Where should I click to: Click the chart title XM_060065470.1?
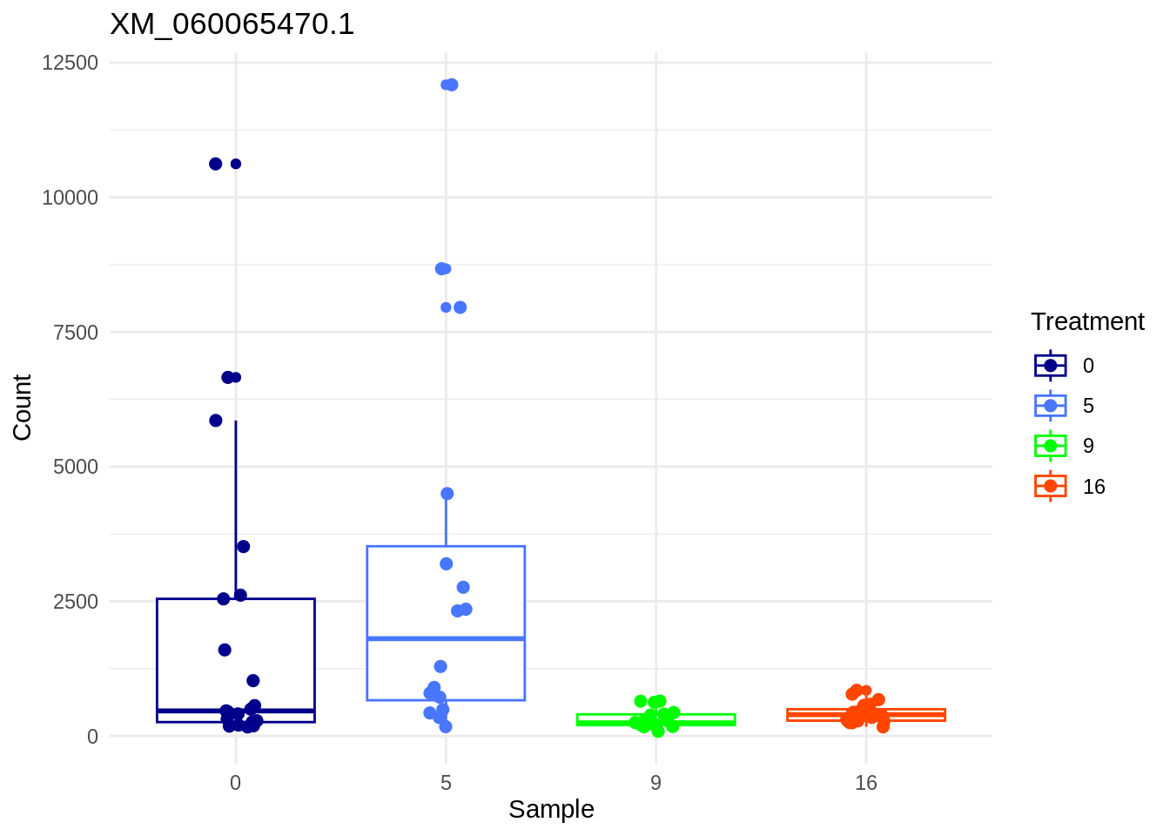[x=232, y=24]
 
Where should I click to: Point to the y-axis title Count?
[x=22, y=407]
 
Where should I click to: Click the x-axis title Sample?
[x=551, y=809]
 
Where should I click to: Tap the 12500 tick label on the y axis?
[x=71, y=63]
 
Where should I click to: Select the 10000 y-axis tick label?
[x=71, y=198]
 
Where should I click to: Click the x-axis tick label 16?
[x=865, y=783]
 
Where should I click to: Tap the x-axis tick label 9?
[x=656, y=783]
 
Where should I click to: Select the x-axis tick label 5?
[x=446, y=783]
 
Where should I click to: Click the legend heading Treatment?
[x=1087, y=321]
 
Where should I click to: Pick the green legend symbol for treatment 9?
[x=1051, y=446]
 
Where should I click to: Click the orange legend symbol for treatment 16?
[x=1051, y=486]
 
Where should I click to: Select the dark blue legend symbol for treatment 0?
[x=1051, y=366]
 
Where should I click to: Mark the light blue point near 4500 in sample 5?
[x=447, y=494]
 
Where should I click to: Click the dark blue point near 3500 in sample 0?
[x=244, y=547]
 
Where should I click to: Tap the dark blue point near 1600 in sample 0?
[x=225, y=650]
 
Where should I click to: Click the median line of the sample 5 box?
[x=446, y=639]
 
